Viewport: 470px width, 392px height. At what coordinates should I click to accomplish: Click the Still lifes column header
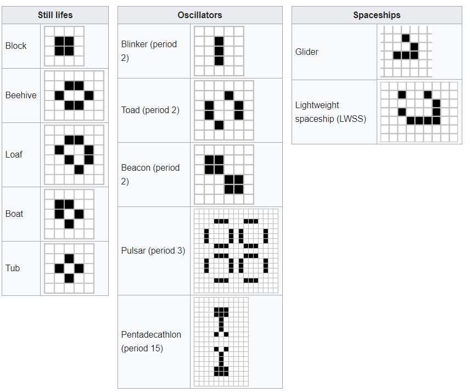(x=55, y=15)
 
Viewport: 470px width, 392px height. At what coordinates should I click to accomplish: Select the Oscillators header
(x=200, y=15)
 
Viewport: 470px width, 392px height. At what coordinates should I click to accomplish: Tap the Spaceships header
(x=377, y=15)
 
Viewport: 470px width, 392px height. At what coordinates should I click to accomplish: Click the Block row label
(x=16, y=46)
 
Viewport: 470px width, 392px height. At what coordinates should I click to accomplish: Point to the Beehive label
(x=21, y=96)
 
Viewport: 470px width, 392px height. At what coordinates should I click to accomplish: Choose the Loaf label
(x=14, y=154)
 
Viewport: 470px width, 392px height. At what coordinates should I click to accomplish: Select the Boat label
(x=14, y=214)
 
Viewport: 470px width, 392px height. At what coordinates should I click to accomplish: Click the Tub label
(x=13, y=268)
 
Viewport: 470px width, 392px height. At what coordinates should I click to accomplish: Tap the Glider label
(x=306, y=52)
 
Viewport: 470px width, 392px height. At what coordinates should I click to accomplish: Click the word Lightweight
(x=317, y=105)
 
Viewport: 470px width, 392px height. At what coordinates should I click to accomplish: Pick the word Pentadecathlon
(x=151, y=334)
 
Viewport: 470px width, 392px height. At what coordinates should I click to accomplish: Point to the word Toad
(x=130, y=110)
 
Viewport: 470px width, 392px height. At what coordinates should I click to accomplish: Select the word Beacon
(x=136, y=167)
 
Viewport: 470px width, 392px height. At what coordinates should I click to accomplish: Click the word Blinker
(x=135, y=44)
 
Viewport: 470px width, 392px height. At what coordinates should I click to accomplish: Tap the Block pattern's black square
(x=64, y=46)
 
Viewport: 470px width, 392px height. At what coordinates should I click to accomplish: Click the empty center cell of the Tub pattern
(x=69, y=268)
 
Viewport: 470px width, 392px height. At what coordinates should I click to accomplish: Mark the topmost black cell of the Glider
(x=406, y=38)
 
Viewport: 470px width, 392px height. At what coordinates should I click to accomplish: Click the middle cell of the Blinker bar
(x=219, y=51)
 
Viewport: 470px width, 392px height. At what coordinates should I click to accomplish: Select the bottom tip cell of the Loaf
(x=79, y=170)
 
